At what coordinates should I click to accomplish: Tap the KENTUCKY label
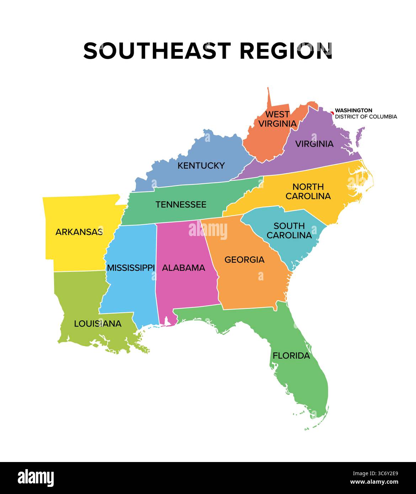click(201, 166)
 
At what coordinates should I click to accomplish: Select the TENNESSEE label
click(181, 205)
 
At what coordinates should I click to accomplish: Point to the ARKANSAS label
click(79, 232)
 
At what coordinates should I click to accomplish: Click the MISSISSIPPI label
click(131, 268)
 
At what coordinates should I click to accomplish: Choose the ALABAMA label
click(183, 268)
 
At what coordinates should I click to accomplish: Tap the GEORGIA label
click(244, 260)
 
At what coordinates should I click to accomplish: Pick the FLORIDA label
click(291, 356)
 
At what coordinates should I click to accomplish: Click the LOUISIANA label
click(98, 324)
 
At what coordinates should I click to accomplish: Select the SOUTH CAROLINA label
click(289, 231)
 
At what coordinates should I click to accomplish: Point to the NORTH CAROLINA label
click(308, 192)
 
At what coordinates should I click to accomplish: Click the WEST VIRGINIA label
click(277, 119)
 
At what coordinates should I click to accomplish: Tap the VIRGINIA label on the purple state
click(314, 144)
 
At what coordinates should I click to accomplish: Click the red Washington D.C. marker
click(332, 113)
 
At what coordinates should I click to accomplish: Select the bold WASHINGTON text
click(353, 111)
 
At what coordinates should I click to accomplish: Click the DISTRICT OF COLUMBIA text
click(366, 117)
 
